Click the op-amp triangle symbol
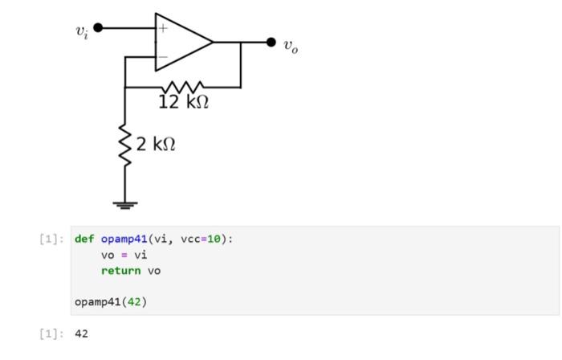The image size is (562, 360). (x=181, y=42)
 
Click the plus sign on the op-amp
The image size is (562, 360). (x=162, y=28)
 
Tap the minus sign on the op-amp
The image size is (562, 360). (x=162, y=57)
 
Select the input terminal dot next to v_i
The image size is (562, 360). (x=99, y=28)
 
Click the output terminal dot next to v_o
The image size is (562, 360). (x=271, y=42)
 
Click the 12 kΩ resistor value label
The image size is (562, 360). (x=183, y=103)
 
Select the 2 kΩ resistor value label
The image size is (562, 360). (x=155, y=145)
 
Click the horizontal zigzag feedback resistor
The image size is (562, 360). (x=182, y=86)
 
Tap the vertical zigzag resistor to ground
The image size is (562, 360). (x=125, y=145)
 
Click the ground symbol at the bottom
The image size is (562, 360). (x=125, y=205)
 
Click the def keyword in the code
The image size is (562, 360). (x=84, y=239)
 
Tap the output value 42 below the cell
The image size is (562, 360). (x=81, y=333)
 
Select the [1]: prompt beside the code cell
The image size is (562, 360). (x=50, y=239)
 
